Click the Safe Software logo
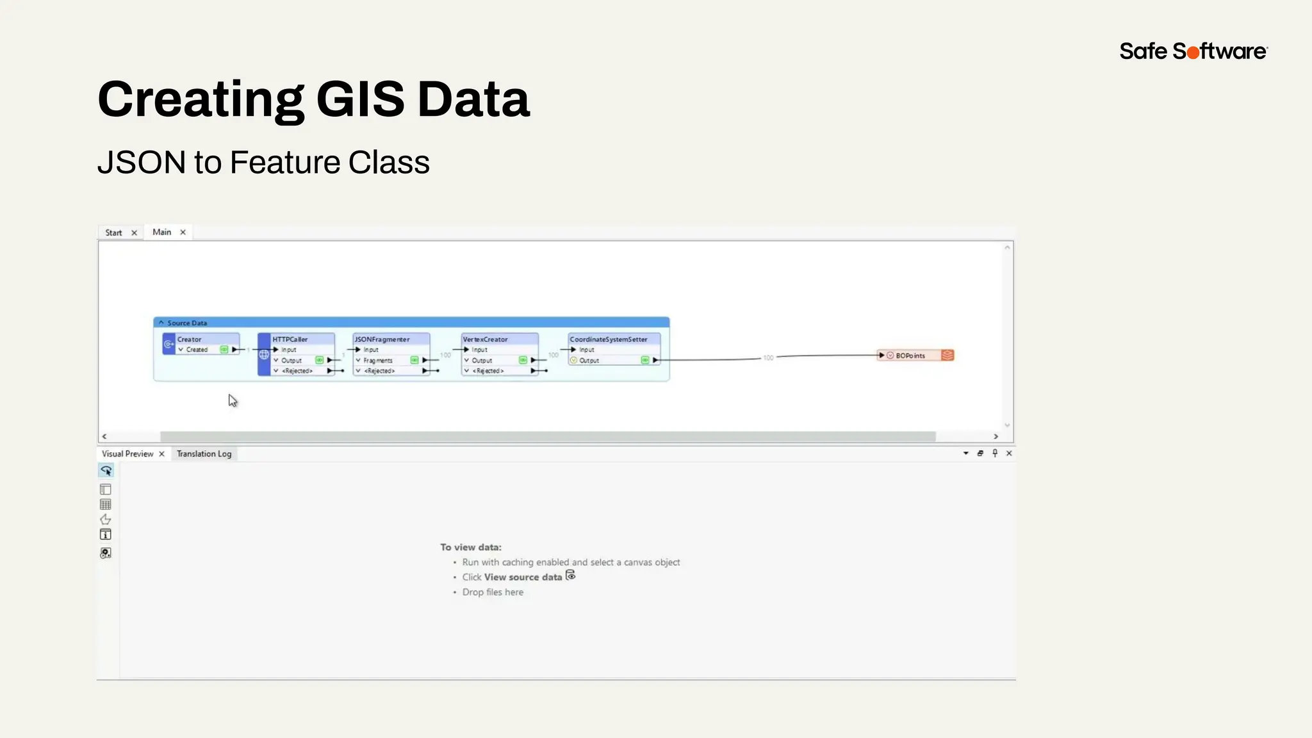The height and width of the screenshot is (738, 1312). pos(1193,51)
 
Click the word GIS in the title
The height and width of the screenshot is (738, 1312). pos(360,99)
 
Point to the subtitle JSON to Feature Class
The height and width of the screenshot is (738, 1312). pos(263,162)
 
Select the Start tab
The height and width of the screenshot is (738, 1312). pos(113,233)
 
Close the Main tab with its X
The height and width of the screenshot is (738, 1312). pos(183,232)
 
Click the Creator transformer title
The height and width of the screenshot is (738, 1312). pos(190,340)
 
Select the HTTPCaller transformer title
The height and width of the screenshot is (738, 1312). pos(290,340)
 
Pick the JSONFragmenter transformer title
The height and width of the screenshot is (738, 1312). pos(382,340)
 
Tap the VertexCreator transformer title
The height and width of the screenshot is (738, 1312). pos(486,340)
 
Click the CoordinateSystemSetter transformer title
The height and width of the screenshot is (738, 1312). pos(609,340)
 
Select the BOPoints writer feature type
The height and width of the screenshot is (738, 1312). pos(910,356)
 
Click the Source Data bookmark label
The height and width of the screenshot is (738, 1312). pos(187,323)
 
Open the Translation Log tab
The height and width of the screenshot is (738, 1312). pos(204,454)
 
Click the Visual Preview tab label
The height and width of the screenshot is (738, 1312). pos(127,454)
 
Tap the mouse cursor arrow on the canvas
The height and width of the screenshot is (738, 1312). pos(232,400)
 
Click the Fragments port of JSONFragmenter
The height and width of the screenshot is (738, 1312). pos(378,361)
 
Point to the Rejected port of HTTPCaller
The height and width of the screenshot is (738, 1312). pos(297,371)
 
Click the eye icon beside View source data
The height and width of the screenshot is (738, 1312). pos(571,576)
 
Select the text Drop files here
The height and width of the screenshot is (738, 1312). pos(493,592)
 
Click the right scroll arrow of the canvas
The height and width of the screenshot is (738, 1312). pos(996,436)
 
